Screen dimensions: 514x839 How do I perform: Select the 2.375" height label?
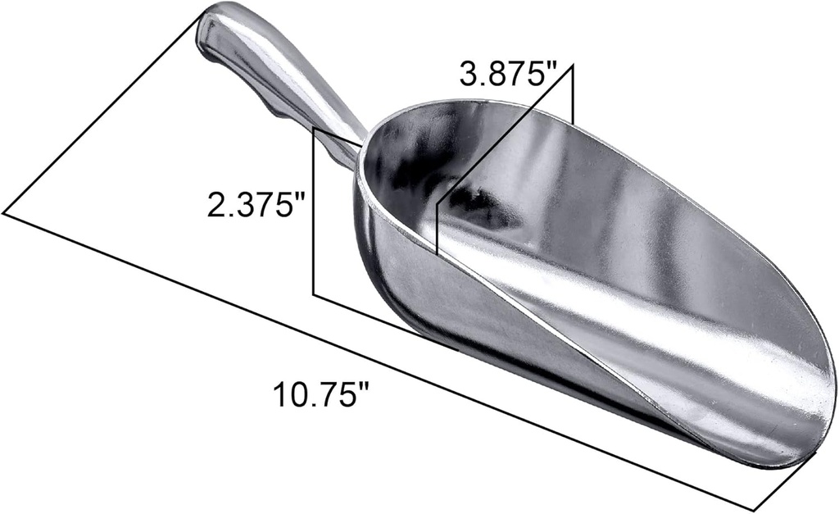[251, 203]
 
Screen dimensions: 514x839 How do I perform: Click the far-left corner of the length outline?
[4, 214]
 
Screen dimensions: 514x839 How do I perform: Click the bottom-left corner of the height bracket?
[315, 293]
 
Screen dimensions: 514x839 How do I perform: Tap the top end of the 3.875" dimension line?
[573, 66]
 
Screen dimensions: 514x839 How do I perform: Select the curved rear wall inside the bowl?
[401, 164]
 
